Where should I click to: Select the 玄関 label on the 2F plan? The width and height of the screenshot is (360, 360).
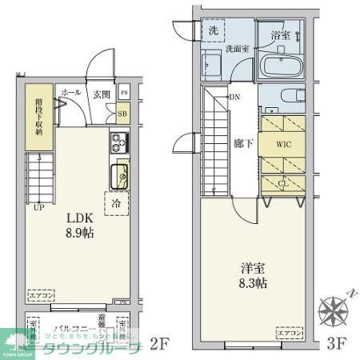[101, 94]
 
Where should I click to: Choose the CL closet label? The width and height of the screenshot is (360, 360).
[282, 182]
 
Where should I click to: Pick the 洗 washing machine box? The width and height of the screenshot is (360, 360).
[213, 30]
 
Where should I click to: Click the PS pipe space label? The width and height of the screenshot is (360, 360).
[123, 94]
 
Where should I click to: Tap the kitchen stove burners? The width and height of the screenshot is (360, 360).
[118, 145]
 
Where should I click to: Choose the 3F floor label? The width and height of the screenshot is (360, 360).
[336, 346]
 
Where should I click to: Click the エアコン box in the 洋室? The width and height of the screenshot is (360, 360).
[288, 332]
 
